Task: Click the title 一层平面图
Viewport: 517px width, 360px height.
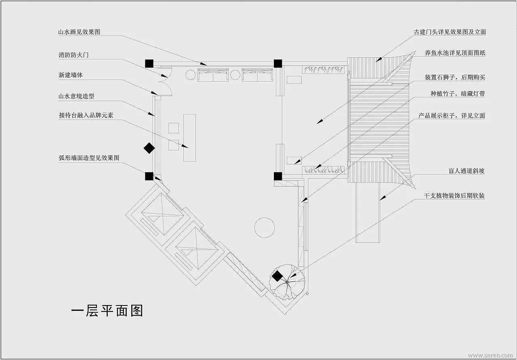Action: click(x=107, y=311)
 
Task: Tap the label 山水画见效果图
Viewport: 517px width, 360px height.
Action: click(x=79, y=32)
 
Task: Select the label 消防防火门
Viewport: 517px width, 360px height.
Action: click(x=74, y=55)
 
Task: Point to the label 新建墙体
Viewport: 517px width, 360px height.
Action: click(x=71, y=76)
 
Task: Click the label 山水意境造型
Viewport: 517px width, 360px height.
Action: click(x=76, y=97)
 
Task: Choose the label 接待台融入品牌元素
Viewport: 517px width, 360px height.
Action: click(x=86, y=116)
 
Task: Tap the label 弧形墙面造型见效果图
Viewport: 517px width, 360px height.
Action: click(x=89, y=158)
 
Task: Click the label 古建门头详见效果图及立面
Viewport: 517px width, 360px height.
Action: click(x=450, y=32)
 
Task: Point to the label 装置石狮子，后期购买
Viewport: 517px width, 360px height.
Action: click(x=455, y=77)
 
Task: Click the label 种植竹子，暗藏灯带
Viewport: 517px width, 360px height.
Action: click(x=458, y=94)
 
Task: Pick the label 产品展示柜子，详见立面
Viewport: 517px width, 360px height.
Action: click(x=452, y=116)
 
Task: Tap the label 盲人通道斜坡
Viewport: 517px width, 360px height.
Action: click(x=467, y=171)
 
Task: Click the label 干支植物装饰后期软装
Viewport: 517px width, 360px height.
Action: click(x=454, y=196)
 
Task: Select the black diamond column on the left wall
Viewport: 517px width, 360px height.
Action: click(x=149, y=148)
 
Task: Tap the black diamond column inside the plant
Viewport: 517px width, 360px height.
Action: click(x=277, y=276)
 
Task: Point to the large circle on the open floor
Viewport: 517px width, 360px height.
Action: click(x=265, y=227)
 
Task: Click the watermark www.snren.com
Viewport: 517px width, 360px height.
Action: click(x=490, y=356)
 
